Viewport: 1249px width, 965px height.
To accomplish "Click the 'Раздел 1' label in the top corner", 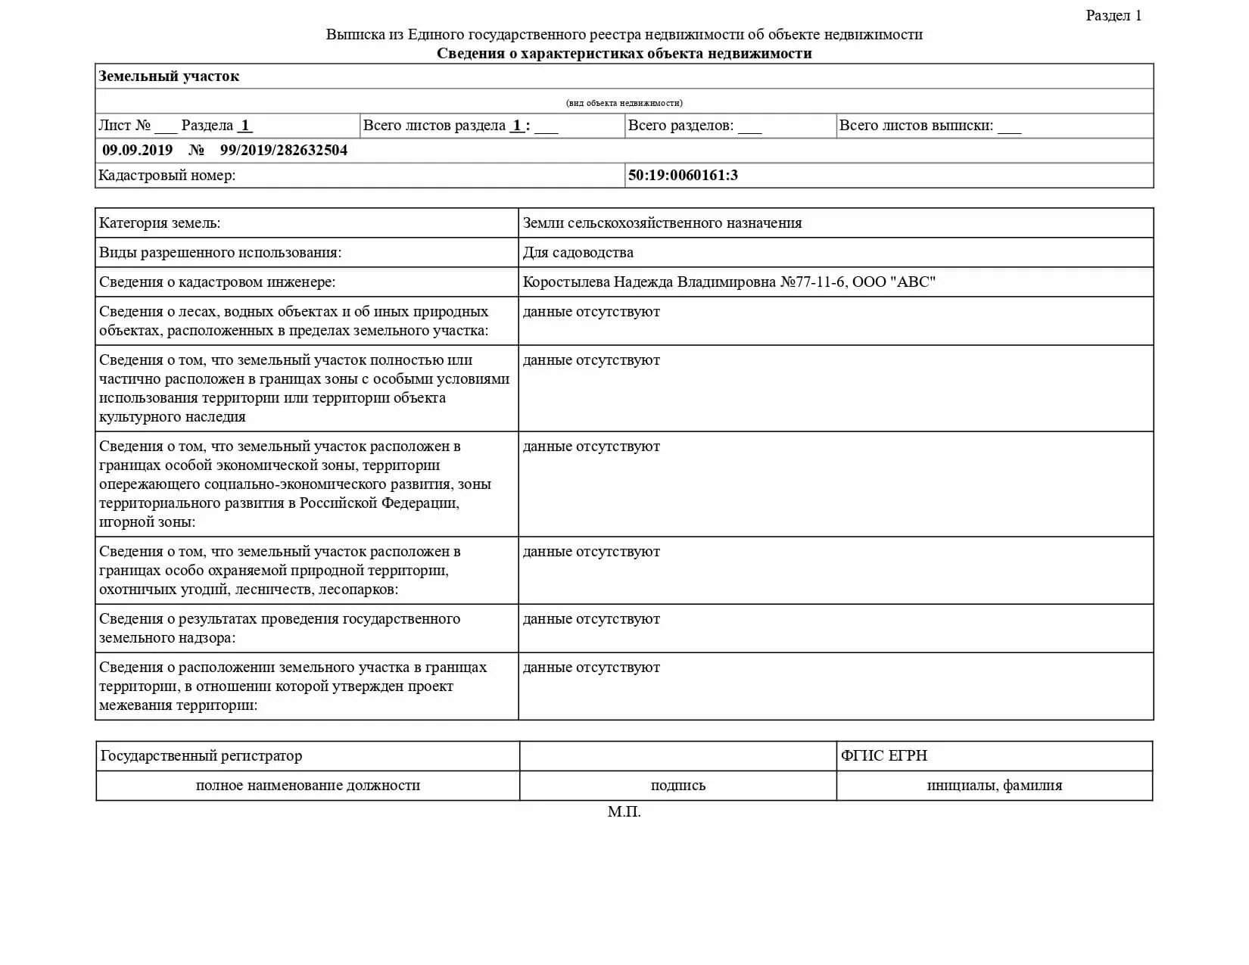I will point(1113,16).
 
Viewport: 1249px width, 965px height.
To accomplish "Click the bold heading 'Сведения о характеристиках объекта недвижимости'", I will point(624,54).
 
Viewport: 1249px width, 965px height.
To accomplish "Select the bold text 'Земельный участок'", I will point(169,76).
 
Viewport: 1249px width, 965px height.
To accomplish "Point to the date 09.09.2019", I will point(137,150).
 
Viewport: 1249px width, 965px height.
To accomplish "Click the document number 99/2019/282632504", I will point(283,150).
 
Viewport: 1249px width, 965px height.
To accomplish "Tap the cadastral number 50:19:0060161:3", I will point(682,176).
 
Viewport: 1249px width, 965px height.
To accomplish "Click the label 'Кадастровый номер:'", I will point(167,176).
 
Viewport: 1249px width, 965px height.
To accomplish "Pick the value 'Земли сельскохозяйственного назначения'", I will point(662,223).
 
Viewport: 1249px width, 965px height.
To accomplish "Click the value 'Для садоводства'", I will point(578,253).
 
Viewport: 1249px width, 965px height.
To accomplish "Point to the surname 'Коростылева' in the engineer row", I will point(565,282).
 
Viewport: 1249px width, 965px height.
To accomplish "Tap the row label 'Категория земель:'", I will point(160,223).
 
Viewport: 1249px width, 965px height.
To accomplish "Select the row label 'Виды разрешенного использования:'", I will point(220,253).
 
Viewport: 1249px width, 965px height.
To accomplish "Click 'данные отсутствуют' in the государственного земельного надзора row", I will point(590,619).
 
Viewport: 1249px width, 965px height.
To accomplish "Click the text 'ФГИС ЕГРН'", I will point(883,755).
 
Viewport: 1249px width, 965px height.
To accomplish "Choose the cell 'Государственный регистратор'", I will point(201,755).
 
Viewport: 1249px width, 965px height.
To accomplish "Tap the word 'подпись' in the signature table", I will point(677,786).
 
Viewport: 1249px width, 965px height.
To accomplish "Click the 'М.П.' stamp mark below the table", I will point(624,812).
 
